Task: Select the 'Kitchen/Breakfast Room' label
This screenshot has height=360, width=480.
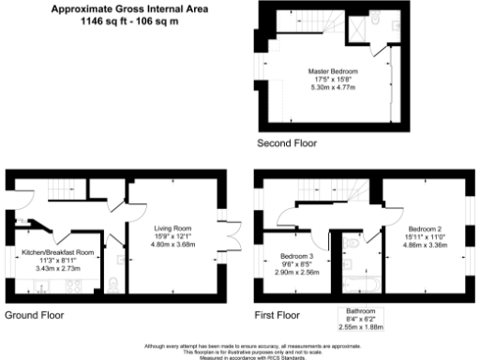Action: [58, 252]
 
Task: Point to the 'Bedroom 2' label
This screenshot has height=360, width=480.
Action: [426, 228]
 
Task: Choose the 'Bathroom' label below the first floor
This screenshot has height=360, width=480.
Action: [360, 310]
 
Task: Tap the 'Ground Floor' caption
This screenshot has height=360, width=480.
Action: [35, 315]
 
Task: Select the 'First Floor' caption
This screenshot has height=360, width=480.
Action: [277, 315]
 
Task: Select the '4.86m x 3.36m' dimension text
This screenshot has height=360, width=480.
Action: [426, 244]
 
